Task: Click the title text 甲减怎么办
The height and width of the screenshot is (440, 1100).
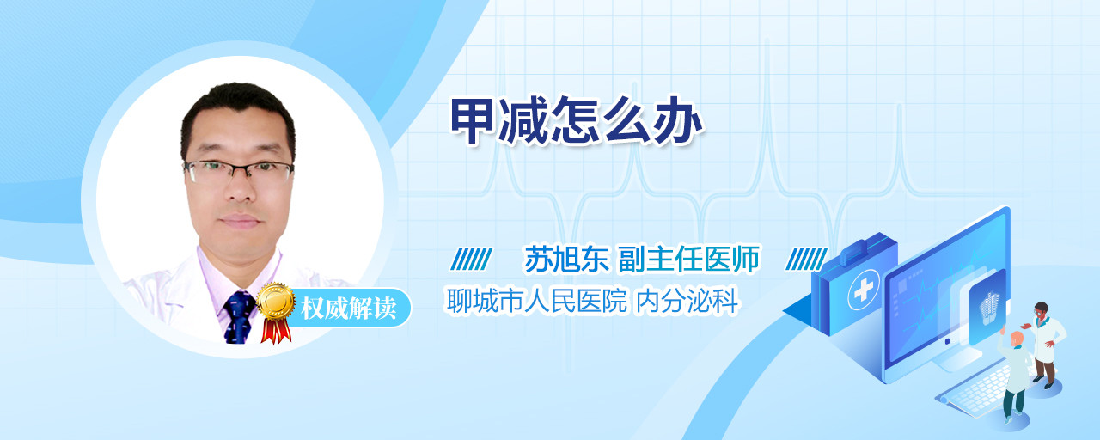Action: click(577, 121)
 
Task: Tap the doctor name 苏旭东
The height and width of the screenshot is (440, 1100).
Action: click(566, 259)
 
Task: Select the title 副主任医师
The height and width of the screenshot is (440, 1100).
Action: click(688, 259)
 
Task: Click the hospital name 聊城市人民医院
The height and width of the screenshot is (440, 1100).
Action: click(537, 301)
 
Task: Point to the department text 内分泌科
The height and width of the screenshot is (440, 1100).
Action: click(687, 301)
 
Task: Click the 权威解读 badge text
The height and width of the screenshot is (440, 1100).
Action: click(348, 309)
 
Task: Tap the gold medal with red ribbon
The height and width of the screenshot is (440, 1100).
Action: click(276, 312)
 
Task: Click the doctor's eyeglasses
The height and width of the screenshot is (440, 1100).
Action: click(239, 171)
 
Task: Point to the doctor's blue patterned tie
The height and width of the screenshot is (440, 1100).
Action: click(240, 317)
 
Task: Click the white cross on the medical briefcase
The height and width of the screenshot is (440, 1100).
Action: click(863, 290)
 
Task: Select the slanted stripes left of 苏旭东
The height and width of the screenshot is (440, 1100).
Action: click(471, 260)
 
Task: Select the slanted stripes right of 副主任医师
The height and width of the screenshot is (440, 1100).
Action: click(805, 260)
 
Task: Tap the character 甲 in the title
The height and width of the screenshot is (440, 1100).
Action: click(473, 121)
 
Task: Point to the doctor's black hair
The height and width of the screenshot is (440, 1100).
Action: click(239, 106)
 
